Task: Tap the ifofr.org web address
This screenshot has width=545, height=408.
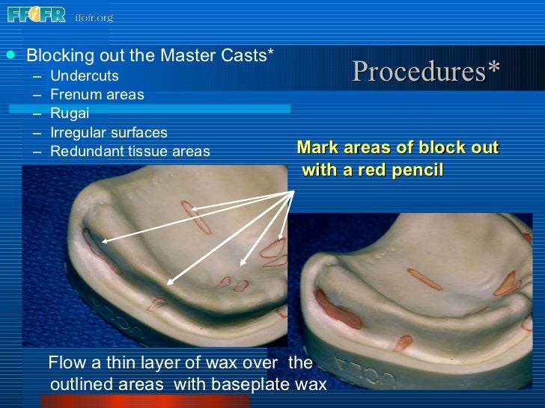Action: point(94,16)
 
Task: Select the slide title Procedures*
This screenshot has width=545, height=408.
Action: point(426,72)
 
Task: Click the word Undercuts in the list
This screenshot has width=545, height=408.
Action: point(85,76)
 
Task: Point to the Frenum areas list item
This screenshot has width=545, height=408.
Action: point(97,95)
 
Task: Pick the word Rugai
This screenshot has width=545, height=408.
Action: point(70,114)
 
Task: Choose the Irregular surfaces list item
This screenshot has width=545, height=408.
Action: point(109,133)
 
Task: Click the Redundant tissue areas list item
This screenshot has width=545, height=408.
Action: point(130,152)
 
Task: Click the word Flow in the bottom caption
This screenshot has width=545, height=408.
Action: point(66,364)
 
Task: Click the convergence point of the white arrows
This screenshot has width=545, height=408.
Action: point(292,190)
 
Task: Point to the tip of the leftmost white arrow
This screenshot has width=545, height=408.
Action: point(102,241)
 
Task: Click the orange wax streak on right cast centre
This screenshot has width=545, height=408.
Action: point(424,279)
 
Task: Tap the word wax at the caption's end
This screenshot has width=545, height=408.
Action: point(311,385)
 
